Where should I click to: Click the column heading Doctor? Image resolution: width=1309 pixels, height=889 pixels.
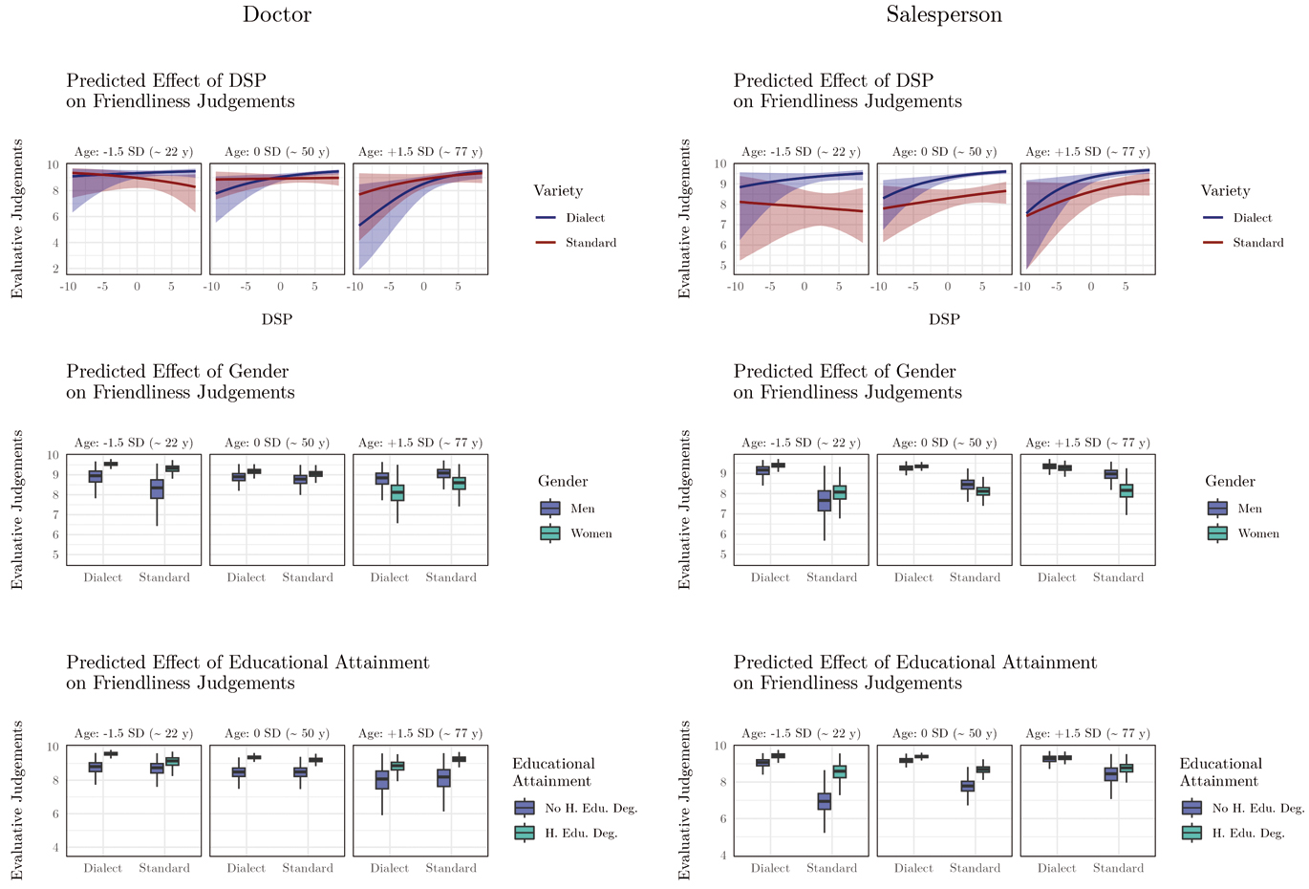point(276,14)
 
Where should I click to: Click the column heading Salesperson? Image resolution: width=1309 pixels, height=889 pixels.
point(943,14)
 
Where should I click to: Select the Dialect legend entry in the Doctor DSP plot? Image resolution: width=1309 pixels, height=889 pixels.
point(584,218)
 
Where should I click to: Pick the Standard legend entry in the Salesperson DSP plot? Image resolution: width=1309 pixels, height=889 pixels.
point(1257,243)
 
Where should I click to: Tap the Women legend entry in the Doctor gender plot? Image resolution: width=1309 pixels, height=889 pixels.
point(590,533)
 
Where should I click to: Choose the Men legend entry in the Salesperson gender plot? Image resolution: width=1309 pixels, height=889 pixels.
point(1250,509)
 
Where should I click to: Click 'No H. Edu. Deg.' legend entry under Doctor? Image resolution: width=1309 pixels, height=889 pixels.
point(590,808)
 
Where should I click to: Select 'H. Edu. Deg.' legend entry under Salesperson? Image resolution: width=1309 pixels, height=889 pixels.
point(1247,833)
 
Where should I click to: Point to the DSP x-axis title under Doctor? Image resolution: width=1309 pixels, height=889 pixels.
point(276,319)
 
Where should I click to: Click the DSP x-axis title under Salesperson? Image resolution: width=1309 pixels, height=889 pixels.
point(943,319)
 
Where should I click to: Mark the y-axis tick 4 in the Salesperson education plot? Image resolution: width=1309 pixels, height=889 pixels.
point(723,856)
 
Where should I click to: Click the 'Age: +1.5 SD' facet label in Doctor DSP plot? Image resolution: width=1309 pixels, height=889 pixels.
point(419,152)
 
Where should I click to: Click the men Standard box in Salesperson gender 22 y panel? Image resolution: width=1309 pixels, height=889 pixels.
point(824,501)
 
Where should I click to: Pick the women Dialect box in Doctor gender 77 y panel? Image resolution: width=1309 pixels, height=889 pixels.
point(397,493)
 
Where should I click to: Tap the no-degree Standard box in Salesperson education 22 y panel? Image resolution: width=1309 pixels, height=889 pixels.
point(824,801)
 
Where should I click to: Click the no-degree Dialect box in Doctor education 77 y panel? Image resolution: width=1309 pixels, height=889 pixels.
point(382,780)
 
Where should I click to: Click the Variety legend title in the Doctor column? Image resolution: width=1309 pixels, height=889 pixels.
point(558,191)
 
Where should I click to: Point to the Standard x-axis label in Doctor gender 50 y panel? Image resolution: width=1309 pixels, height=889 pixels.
point(308,577)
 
